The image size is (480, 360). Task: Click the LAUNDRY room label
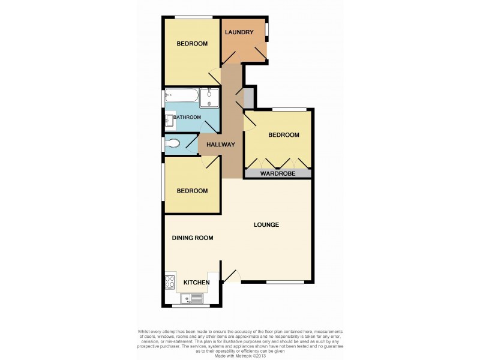[239, 32]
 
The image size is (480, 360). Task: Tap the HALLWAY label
[220, 145]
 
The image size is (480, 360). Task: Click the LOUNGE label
[266, 225]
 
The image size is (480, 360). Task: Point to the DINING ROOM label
[193, 238]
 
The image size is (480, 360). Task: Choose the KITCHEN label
[196, 282]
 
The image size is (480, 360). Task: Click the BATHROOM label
[187, 117]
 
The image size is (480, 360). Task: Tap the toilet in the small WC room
[173, 143]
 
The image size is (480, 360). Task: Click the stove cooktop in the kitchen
[170, 282]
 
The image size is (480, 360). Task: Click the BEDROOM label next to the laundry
[192, 44]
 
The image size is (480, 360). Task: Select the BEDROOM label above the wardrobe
[283, 135]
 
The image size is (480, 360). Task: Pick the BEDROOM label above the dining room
[192, 191]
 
